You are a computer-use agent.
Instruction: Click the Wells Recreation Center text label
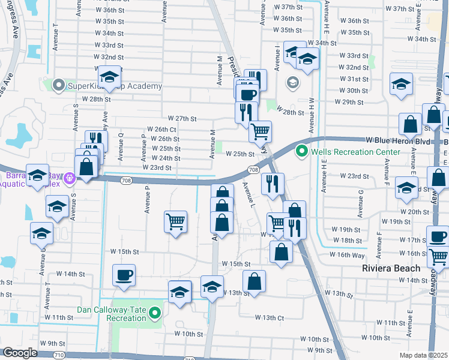point(355,152)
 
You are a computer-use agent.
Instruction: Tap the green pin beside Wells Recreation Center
point(303,152)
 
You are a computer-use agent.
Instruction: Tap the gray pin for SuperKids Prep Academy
point(58,86)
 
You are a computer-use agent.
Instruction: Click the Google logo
point(20,353)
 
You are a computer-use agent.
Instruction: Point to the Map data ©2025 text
point(423,355)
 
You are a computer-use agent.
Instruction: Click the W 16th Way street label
point(349,254)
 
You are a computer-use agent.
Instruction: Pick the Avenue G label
point(361,204)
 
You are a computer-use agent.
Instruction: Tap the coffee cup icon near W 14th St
point(124,275)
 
